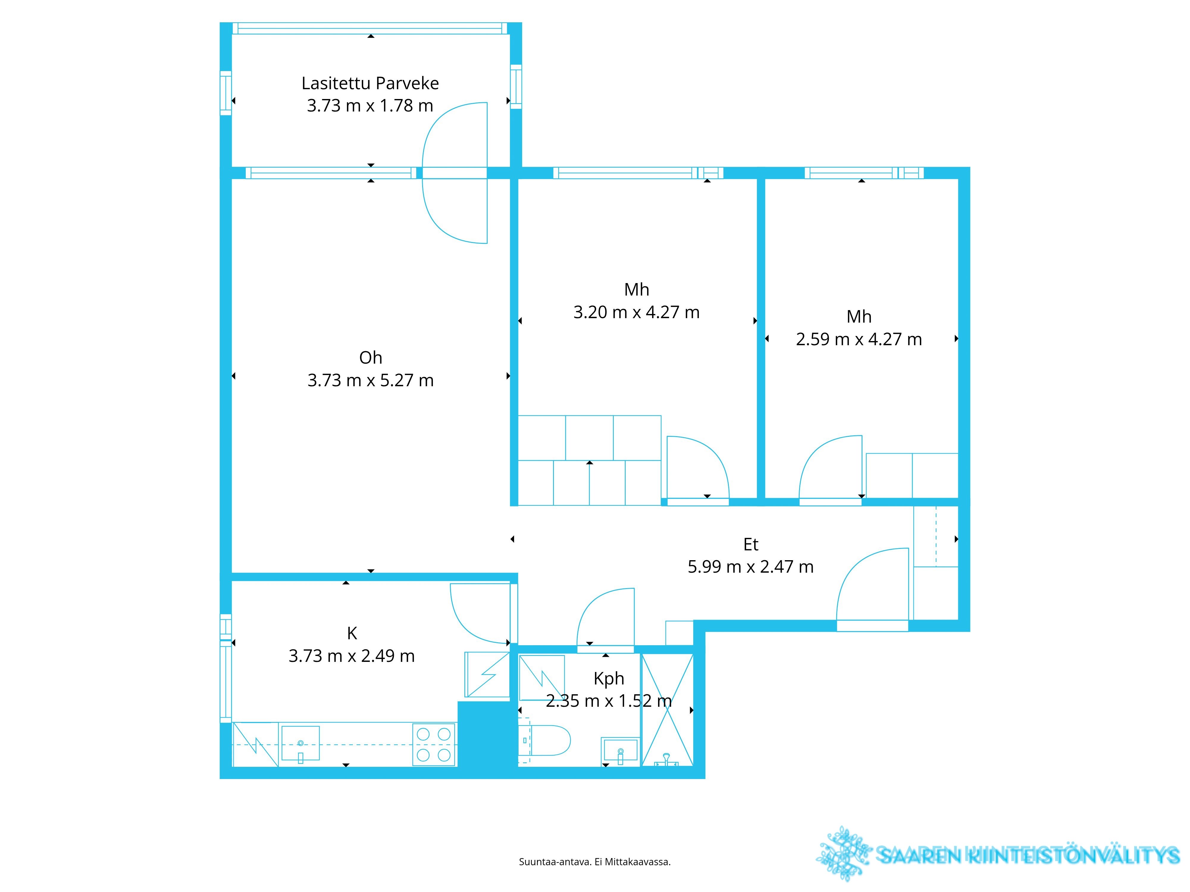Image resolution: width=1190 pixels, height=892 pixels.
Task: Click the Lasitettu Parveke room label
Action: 370,83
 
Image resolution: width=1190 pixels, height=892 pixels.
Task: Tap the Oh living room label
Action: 371,358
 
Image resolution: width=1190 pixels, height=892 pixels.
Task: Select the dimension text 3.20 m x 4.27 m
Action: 636,312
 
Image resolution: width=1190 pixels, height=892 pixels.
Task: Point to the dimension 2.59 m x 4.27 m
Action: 859,339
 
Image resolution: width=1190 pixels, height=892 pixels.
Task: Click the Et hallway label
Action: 751,545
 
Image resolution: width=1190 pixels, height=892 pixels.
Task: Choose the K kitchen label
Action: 352,633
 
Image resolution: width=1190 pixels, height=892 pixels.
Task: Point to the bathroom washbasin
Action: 620,750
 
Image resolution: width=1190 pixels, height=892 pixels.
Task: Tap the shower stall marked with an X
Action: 667,710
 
